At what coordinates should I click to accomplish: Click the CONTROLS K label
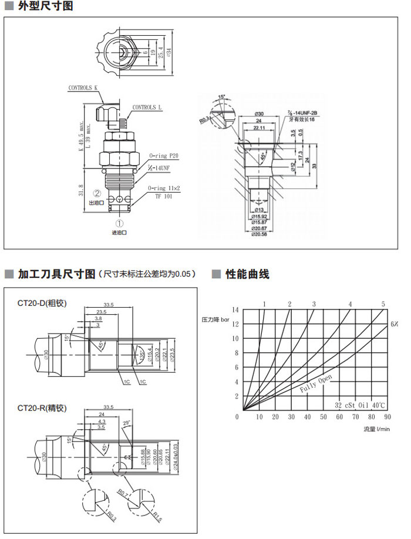click(x=83, y=87)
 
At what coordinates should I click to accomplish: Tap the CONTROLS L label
click(x=147, y=107)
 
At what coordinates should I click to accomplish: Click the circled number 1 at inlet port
click(x=119, y=223)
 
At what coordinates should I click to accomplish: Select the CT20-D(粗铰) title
click(x=42, y=303)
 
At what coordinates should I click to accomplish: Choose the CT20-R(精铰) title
click(x=42, y=407)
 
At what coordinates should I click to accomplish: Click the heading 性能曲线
click(x=247, y=274)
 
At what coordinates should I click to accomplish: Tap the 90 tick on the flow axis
click(x=386, y=417)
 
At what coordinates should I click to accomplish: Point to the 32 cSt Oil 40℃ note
click(x=361, y=405)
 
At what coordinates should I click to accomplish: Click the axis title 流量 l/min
click(x=376, y=429)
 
